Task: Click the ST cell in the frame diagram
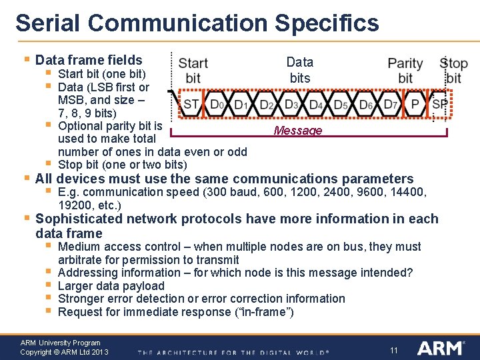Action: pyautogui.click(x=191, y=105)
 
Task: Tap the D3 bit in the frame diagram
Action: pyautogui.click(x=291, y=105)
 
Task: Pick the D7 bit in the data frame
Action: pyautogui.click(x=391, y=105)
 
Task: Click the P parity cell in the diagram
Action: pyautogui.click(x=415, y=105)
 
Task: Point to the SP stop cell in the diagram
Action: pyautogui.click(x=439, y=105)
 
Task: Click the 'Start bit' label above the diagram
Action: pyautogui.click(x=193, y=71)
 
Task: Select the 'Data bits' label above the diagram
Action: pyautogui.click(x=300, y=70)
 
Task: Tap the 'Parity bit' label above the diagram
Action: pyautogui.click(x=405, y=71)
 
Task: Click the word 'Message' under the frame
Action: pyautogui.click(x=298, y=131)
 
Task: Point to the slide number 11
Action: pyautogui.click(x=394, y=350)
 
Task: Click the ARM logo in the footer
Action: pyautogui.click(x=439, y=348)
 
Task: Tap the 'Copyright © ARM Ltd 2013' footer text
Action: pyautogui.click(x=64, y=352)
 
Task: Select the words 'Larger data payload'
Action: pyautogui.click(x=111, y=285)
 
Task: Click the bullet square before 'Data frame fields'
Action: pyautogui.click(x=26, y=60)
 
